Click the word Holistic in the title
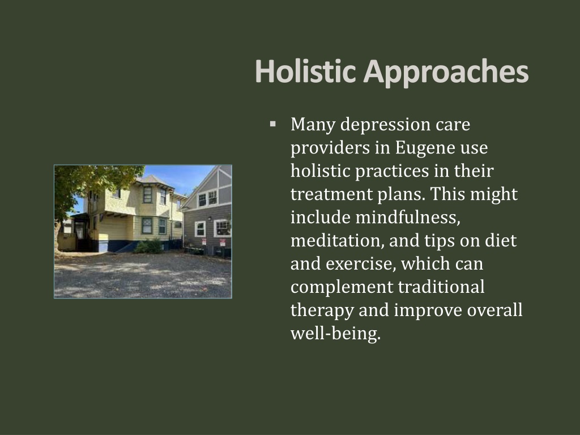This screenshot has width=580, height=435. click(305, 71)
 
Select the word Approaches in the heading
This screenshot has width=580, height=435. click(446, 73)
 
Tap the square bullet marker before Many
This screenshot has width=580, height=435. click(273, 124)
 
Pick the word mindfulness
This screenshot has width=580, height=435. click(408, 217)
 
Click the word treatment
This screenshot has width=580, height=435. click(330, 194)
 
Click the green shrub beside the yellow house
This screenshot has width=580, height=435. click(149, 246)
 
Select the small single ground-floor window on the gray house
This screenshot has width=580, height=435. click(200, 229)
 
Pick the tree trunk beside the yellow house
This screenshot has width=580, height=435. click(58, 236)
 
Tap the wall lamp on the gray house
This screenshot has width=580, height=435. click(210, 219)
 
